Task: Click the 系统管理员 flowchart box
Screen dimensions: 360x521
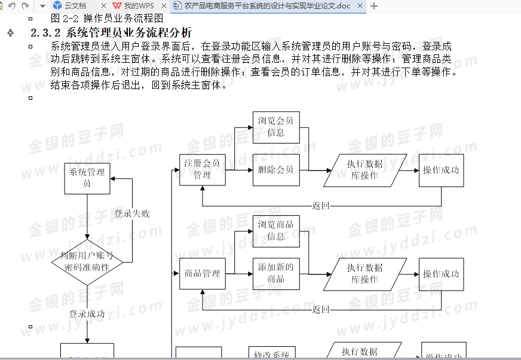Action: pos(87,178)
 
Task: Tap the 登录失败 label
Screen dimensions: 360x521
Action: pos(131,213)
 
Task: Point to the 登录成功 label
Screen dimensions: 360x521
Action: pos(87,313)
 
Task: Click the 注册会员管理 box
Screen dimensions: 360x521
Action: pos(202,169)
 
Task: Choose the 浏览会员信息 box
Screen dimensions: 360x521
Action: pos(275,127)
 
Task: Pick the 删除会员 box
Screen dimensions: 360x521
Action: pos(275,169)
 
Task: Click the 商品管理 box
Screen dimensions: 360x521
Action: pos(202,274)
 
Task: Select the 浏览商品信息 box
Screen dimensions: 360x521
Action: pos(275,231)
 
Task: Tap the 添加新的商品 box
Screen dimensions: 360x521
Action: pos(275,274)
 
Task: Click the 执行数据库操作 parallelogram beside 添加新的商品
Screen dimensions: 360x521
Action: pos(365,274)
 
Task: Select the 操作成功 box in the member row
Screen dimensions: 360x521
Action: pos(441,169)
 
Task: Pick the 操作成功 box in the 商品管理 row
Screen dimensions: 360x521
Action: pos(441,274)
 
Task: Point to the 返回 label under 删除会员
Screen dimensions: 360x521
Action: pos(321,206)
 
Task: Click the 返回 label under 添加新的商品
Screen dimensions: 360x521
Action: pos(321,310)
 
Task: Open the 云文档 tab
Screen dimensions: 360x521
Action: pos(75,6)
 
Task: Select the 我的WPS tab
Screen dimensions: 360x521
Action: pos(138,6)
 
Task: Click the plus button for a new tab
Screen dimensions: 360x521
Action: pos(375,6)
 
